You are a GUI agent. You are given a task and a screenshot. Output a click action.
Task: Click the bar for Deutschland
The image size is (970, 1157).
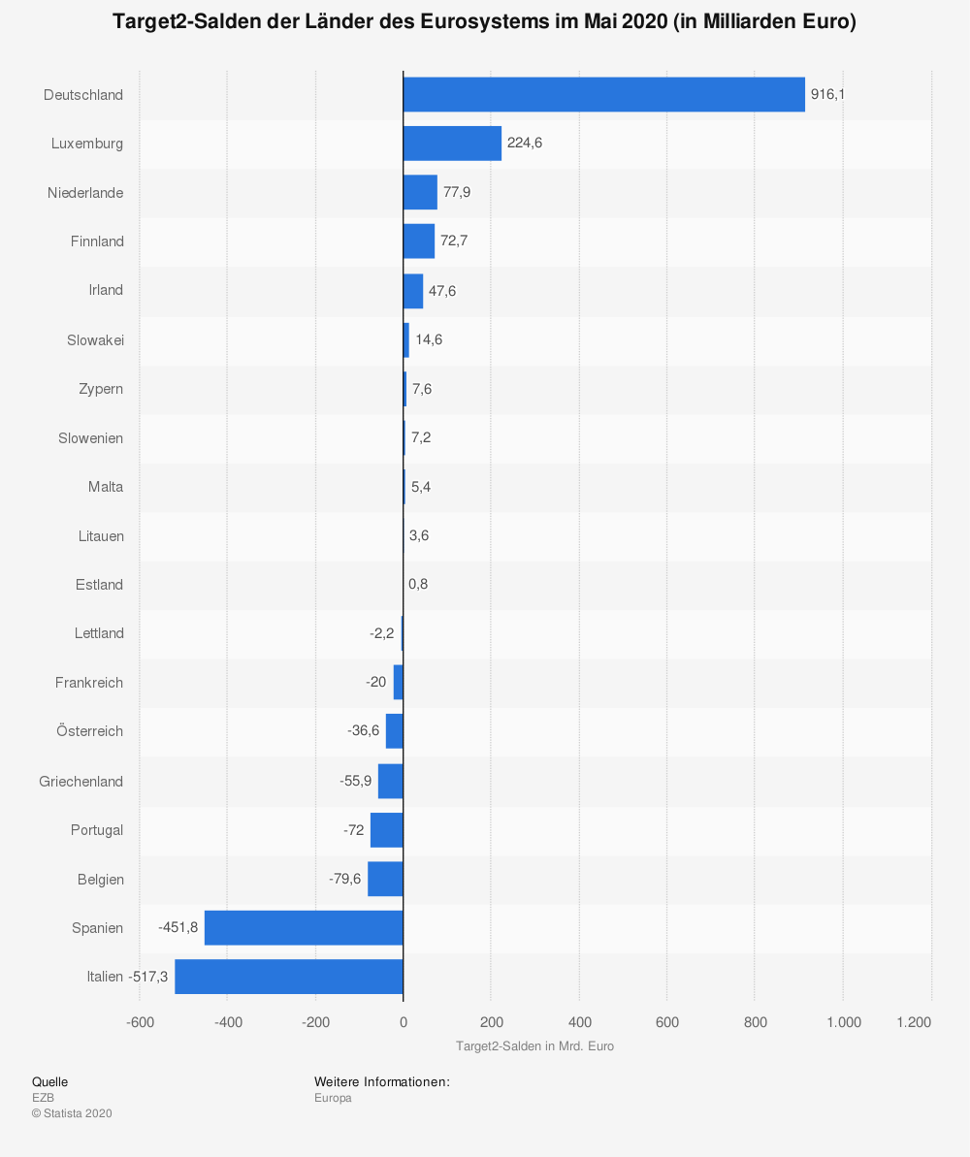(x=603, y=94)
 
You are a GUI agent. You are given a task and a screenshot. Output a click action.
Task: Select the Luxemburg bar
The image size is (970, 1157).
(x=452, y=144)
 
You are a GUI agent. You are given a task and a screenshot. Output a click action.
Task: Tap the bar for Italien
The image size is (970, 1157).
(x=289, y=976)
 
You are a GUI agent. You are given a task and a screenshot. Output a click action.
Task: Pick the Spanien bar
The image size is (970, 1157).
(x=304, y=927)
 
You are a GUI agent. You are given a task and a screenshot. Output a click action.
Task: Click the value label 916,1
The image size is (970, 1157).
(x=827, y=94)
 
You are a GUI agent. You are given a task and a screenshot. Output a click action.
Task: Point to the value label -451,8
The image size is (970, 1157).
(x=178, y=927)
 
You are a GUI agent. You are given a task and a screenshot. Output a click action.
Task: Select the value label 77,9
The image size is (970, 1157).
(x=457, y=192)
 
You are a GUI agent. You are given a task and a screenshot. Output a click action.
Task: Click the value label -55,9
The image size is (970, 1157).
(x=355, y=781)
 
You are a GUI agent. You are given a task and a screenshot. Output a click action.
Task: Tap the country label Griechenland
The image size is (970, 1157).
(x=81, y=781)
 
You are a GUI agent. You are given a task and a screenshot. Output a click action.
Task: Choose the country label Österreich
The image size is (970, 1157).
(x=89, y=731)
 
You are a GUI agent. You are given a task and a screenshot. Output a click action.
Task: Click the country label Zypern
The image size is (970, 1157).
(x=101, y=388)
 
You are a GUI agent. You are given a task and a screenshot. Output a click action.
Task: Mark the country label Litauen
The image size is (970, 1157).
(x=101, y=535)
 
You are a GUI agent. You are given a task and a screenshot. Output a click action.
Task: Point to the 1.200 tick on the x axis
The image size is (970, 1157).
(x=914, y=1021)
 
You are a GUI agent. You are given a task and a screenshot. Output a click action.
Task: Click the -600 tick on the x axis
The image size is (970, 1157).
(x=140, y=1021)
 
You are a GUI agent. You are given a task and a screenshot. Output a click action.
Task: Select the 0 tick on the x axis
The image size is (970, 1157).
(x=404, y=1021)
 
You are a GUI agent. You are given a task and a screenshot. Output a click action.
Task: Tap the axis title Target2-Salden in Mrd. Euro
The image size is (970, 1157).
(x=534, y=1046)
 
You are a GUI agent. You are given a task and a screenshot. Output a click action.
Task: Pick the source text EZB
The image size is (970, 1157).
(x=43, y=1098)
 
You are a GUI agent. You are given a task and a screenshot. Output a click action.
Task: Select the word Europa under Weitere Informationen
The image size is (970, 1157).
(x=333, y=1098)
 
